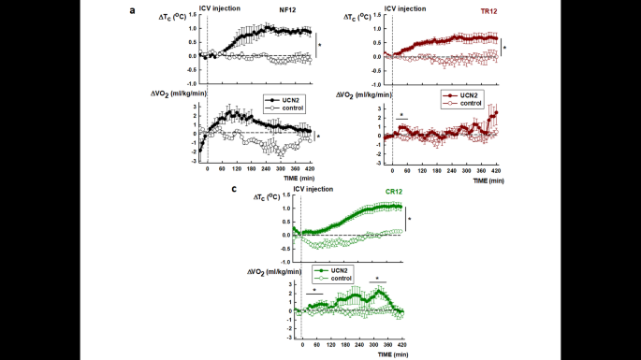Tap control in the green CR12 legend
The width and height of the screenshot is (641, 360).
[342, 278]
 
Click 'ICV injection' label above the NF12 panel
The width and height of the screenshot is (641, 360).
[220, 7]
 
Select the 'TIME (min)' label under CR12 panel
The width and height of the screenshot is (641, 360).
[389, 356]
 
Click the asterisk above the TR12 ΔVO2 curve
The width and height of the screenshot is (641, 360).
[401, 114]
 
